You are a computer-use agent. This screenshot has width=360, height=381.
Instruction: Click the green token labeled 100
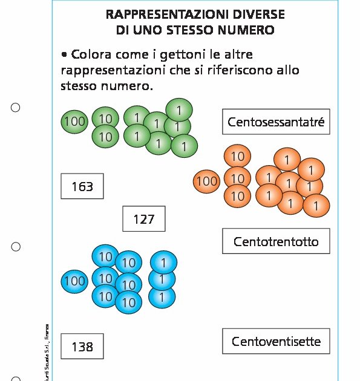coord(74,122)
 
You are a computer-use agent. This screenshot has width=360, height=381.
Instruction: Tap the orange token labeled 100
coord(206,180)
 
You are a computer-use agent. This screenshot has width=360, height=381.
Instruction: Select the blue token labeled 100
coord(74,281)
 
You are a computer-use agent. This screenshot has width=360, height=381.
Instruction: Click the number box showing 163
coord(82,186)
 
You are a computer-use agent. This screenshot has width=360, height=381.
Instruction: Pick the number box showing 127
coord(143,219)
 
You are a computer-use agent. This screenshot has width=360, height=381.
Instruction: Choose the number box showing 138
coord(82,347)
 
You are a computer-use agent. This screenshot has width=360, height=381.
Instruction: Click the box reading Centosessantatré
coord(276,122)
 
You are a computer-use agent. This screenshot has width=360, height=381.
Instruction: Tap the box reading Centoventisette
coord(276,342)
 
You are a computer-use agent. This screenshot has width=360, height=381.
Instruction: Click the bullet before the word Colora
coord(64,54)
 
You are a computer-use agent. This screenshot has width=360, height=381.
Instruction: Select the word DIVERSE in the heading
coord(259,13)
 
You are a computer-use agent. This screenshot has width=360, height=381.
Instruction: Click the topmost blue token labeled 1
coord(163,262)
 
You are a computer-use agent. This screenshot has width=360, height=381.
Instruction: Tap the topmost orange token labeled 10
coord(237,157)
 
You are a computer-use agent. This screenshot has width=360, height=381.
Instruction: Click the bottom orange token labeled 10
coord(237,196)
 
